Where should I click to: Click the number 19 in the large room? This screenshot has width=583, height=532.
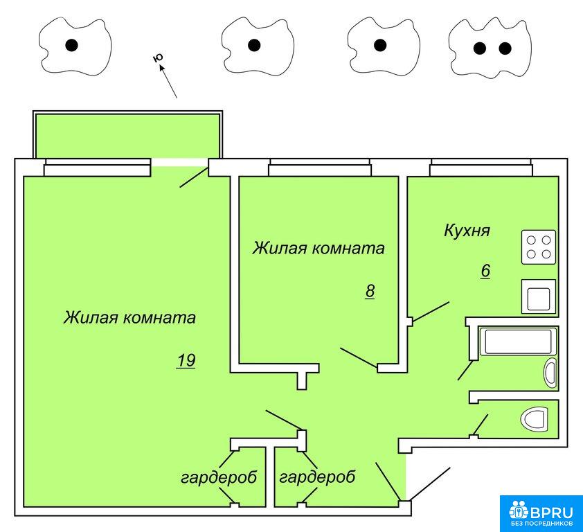point(186,361)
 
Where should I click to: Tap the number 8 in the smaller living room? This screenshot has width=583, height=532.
point(370,291)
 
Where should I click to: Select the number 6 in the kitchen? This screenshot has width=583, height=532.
point(485,271)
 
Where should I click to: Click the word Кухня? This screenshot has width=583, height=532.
point(467,231)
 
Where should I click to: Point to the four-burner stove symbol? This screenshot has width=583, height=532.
point(539,247)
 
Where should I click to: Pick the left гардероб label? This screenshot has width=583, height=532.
point(219,477)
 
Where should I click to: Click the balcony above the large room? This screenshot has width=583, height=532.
point(128,135)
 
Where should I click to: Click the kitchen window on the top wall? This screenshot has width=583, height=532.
point(481,166)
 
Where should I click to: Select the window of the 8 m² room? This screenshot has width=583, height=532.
point(319,166)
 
